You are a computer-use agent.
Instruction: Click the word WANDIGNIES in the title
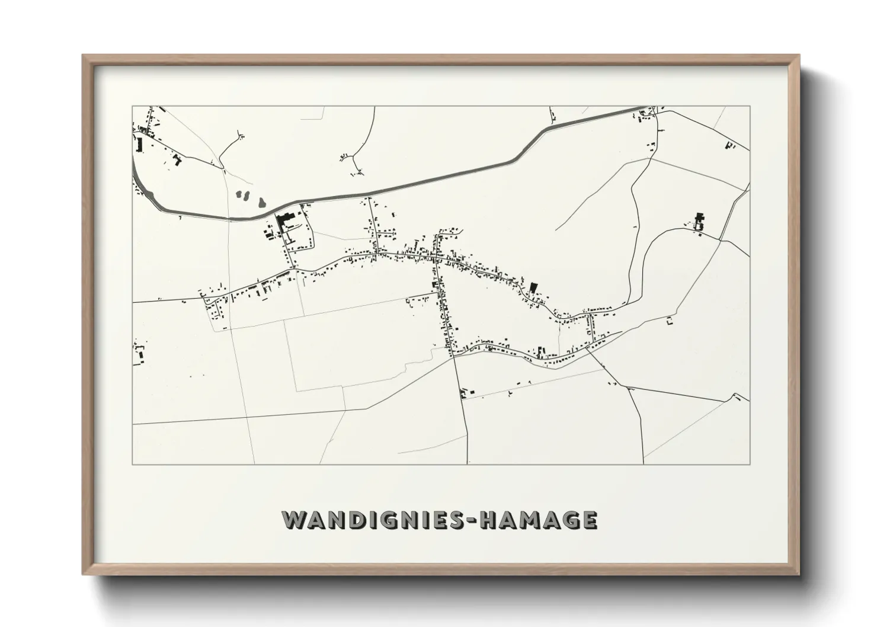coord(376,519)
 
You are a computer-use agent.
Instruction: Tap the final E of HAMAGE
coord(589,519)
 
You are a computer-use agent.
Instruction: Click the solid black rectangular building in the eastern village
coord(532,288)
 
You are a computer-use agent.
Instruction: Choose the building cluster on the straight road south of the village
coord(466,392)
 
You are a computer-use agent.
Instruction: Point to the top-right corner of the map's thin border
coord(750,106)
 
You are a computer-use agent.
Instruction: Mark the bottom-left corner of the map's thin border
coord(132,464)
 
